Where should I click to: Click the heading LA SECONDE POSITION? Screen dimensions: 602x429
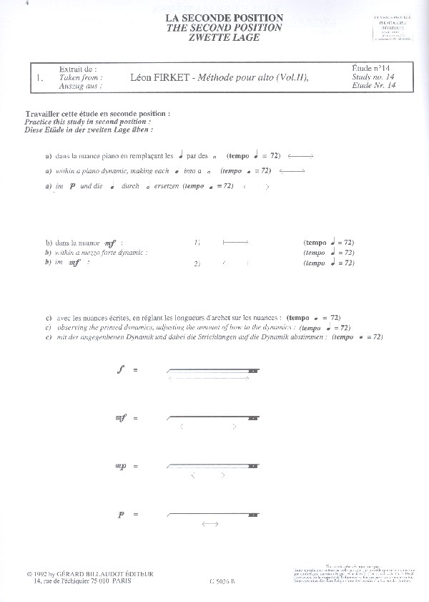tap(225, 18)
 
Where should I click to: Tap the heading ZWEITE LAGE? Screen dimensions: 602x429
tap(225, 37)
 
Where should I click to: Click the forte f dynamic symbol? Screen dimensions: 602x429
tap(122, 370)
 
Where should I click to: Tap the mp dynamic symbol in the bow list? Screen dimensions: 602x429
tap(121, 466)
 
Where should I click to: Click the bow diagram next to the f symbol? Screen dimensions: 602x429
tap(212, 370)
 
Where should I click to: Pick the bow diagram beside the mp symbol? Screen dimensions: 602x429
tap(212, 466)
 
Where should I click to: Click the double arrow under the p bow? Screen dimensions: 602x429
tap(210, 525)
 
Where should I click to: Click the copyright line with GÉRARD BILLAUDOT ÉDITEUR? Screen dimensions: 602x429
tap(89, 573)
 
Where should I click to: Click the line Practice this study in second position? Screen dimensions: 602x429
tap(89, 122)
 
